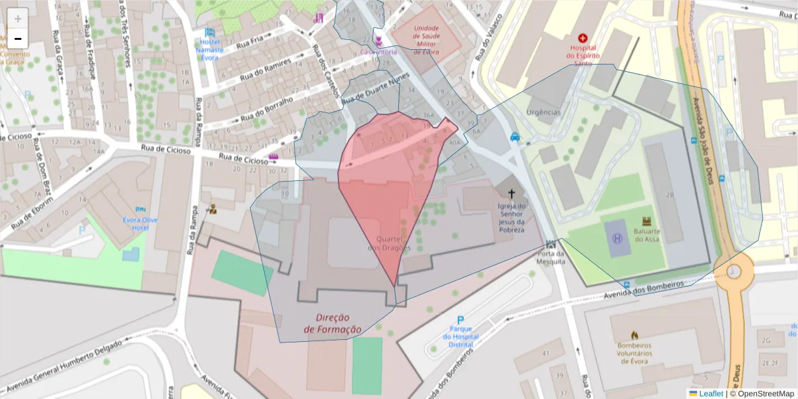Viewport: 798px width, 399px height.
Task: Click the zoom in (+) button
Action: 18,18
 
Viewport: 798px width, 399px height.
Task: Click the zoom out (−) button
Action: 18,38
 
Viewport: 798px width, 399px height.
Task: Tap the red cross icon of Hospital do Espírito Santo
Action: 583,39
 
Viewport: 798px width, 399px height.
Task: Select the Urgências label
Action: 543,112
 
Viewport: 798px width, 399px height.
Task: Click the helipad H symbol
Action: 617,237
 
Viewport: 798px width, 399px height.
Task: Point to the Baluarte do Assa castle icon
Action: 646,221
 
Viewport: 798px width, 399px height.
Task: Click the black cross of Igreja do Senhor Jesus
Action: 512,194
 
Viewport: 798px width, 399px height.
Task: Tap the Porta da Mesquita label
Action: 551,257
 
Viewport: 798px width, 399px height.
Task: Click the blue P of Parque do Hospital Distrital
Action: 460,320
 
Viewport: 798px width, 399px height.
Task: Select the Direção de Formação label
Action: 332,323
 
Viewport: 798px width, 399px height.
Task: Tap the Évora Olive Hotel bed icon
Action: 140,209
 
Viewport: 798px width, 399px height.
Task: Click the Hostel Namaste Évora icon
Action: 210,32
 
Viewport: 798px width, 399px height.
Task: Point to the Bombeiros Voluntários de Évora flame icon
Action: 634,335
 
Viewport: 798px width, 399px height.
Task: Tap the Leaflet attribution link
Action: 711,394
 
